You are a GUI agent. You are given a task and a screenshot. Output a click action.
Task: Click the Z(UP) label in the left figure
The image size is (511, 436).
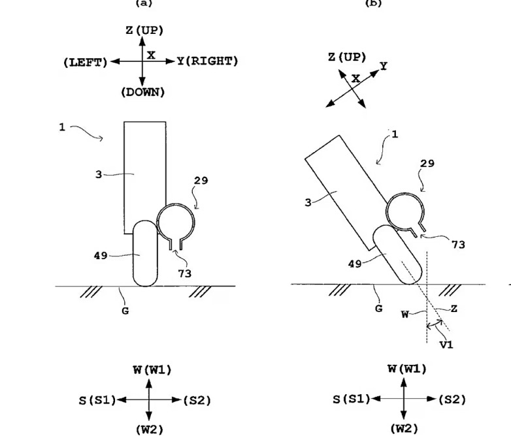click(x=144, y=31)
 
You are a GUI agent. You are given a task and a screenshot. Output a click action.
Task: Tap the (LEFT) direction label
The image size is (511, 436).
click(x=86, y=62)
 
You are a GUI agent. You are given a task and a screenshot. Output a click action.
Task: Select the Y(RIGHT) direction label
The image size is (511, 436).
click(x=207, y=61)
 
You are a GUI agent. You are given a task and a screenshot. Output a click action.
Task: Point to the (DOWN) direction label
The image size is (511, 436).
click(x=142, y=93)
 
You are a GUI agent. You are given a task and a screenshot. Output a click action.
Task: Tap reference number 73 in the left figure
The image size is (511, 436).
click(x=185, y=274)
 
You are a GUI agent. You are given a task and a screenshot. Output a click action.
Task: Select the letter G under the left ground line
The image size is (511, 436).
click(x=125, y=311)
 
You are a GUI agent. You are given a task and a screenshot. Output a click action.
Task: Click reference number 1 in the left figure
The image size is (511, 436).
click(x=62, y=127)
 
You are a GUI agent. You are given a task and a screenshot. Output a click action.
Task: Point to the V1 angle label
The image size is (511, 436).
click(x=447, y=344)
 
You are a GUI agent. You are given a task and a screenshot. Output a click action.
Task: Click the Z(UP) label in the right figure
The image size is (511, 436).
click(x=347, y=57)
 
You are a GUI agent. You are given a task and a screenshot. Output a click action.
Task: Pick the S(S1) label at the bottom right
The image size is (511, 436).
click(x=351, y=399)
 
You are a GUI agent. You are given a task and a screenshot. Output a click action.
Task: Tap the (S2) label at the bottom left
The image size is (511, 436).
click(x=197, y=400)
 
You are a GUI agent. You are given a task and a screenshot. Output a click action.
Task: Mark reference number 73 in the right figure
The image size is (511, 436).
click(x=459, y=244)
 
